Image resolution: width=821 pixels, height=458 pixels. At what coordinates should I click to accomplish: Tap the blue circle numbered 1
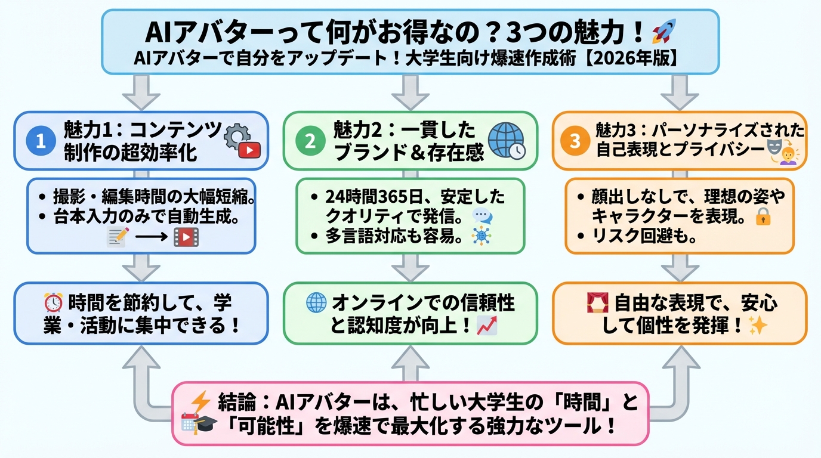pos(41,141)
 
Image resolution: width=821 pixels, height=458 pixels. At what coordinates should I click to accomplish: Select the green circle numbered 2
pos(310,141)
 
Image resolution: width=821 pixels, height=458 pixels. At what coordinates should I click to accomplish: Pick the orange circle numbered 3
pos(575,141)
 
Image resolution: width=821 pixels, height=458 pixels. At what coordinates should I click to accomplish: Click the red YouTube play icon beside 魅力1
pos(249,151)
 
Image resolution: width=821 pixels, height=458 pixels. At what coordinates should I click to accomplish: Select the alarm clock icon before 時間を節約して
pos(54,304)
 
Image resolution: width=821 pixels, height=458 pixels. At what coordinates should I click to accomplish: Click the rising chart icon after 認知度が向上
pos(487,326)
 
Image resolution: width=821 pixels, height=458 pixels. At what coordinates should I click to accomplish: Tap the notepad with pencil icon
pos(118,237)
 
